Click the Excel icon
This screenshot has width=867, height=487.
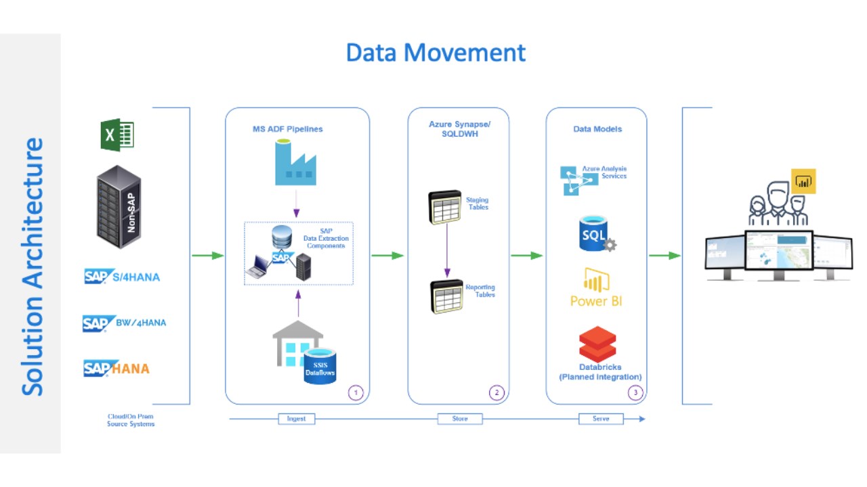click(117, 135)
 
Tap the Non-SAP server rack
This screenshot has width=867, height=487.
click(119, 207)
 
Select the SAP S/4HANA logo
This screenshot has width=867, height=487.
click(122, 277)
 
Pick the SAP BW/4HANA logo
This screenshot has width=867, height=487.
click(124, 323)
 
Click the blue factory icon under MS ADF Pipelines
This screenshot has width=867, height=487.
click(295, 163)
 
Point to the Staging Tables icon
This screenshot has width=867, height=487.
click(444, 206)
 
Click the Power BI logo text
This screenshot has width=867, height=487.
click(597, 301)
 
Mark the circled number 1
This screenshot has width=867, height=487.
click(356, 392)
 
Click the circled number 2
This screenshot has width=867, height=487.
click(496, 392)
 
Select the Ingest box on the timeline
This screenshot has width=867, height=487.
click(296, 419)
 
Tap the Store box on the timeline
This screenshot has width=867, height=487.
click(460, 419)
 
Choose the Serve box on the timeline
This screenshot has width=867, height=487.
click(601, 419)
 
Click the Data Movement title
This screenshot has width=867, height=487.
click(436, 53)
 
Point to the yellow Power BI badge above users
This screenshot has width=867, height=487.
click(803, 181)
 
